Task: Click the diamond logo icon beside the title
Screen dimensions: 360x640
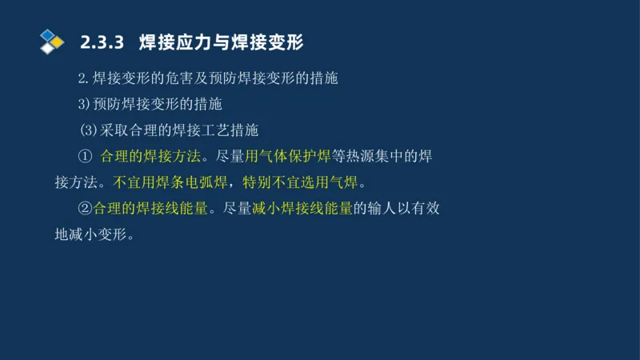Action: (51, 40)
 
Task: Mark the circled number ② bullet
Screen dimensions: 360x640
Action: (86, 208)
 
